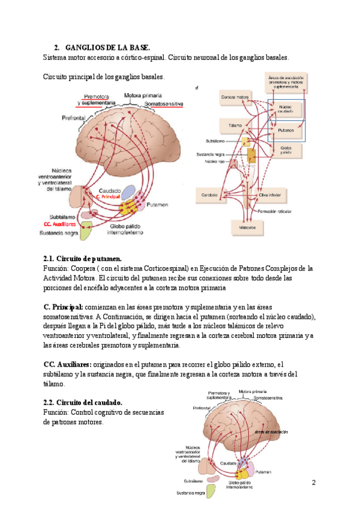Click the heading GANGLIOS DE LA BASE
click(x=108, y=47)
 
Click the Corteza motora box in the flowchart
click(x=235, y=97)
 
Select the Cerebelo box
click(x=209, y=195)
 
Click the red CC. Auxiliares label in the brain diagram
click(x=64, y=223)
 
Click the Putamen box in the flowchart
click(x=286, y=130)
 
